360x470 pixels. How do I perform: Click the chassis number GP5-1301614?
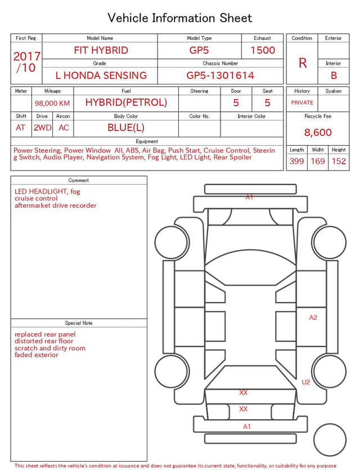(220, 75)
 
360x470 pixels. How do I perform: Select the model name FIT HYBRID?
(101, 50)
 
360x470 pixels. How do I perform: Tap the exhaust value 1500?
(263, 50)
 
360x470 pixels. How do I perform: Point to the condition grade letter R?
(303, 63)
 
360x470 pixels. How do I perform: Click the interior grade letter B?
(334, 75)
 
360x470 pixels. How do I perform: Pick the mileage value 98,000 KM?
(52, 104)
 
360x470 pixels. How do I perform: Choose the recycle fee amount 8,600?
(318, 132)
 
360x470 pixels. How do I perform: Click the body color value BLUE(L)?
(126, 128)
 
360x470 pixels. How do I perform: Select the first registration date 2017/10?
(26, 62)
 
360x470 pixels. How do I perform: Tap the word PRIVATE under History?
(302, 103)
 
